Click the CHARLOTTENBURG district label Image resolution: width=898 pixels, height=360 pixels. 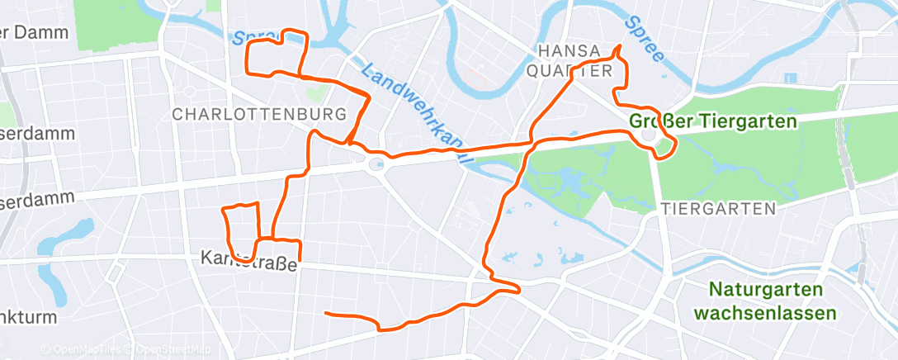click(259, 114)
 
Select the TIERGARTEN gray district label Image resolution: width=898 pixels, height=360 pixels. click(718, 209)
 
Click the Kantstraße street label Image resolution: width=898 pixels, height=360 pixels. click(248, 258)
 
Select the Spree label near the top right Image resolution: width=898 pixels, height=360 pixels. click(645, 38)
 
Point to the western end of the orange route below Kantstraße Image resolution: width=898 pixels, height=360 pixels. click(327, 313)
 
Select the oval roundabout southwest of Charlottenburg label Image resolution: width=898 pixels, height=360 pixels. click(376, 164)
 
